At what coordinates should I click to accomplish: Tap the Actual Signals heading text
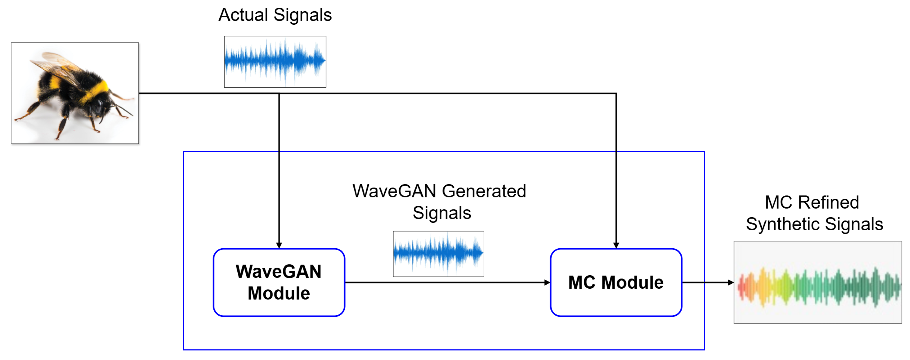point(275,15)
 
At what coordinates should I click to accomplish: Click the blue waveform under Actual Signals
point(275,61)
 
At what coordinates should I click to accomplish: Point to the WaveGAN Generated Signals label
point(439,202)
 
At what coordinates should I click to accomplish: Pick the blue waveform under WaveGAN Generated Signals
point(438,253)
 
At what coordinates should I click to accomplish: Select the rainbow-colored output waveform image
point(817,282)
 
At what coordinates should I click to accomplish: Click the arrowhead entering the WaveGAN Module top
point(279,245)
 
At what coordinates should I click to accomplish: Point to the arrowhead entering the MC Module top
point(616,245)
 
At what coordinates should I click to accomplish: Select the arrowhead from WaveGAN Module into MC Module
point(547,282)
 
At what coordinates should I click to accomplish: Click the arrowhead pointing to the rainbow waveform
point(731,282)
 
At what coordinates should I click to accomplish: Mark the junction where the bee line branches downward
point(279,94)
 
